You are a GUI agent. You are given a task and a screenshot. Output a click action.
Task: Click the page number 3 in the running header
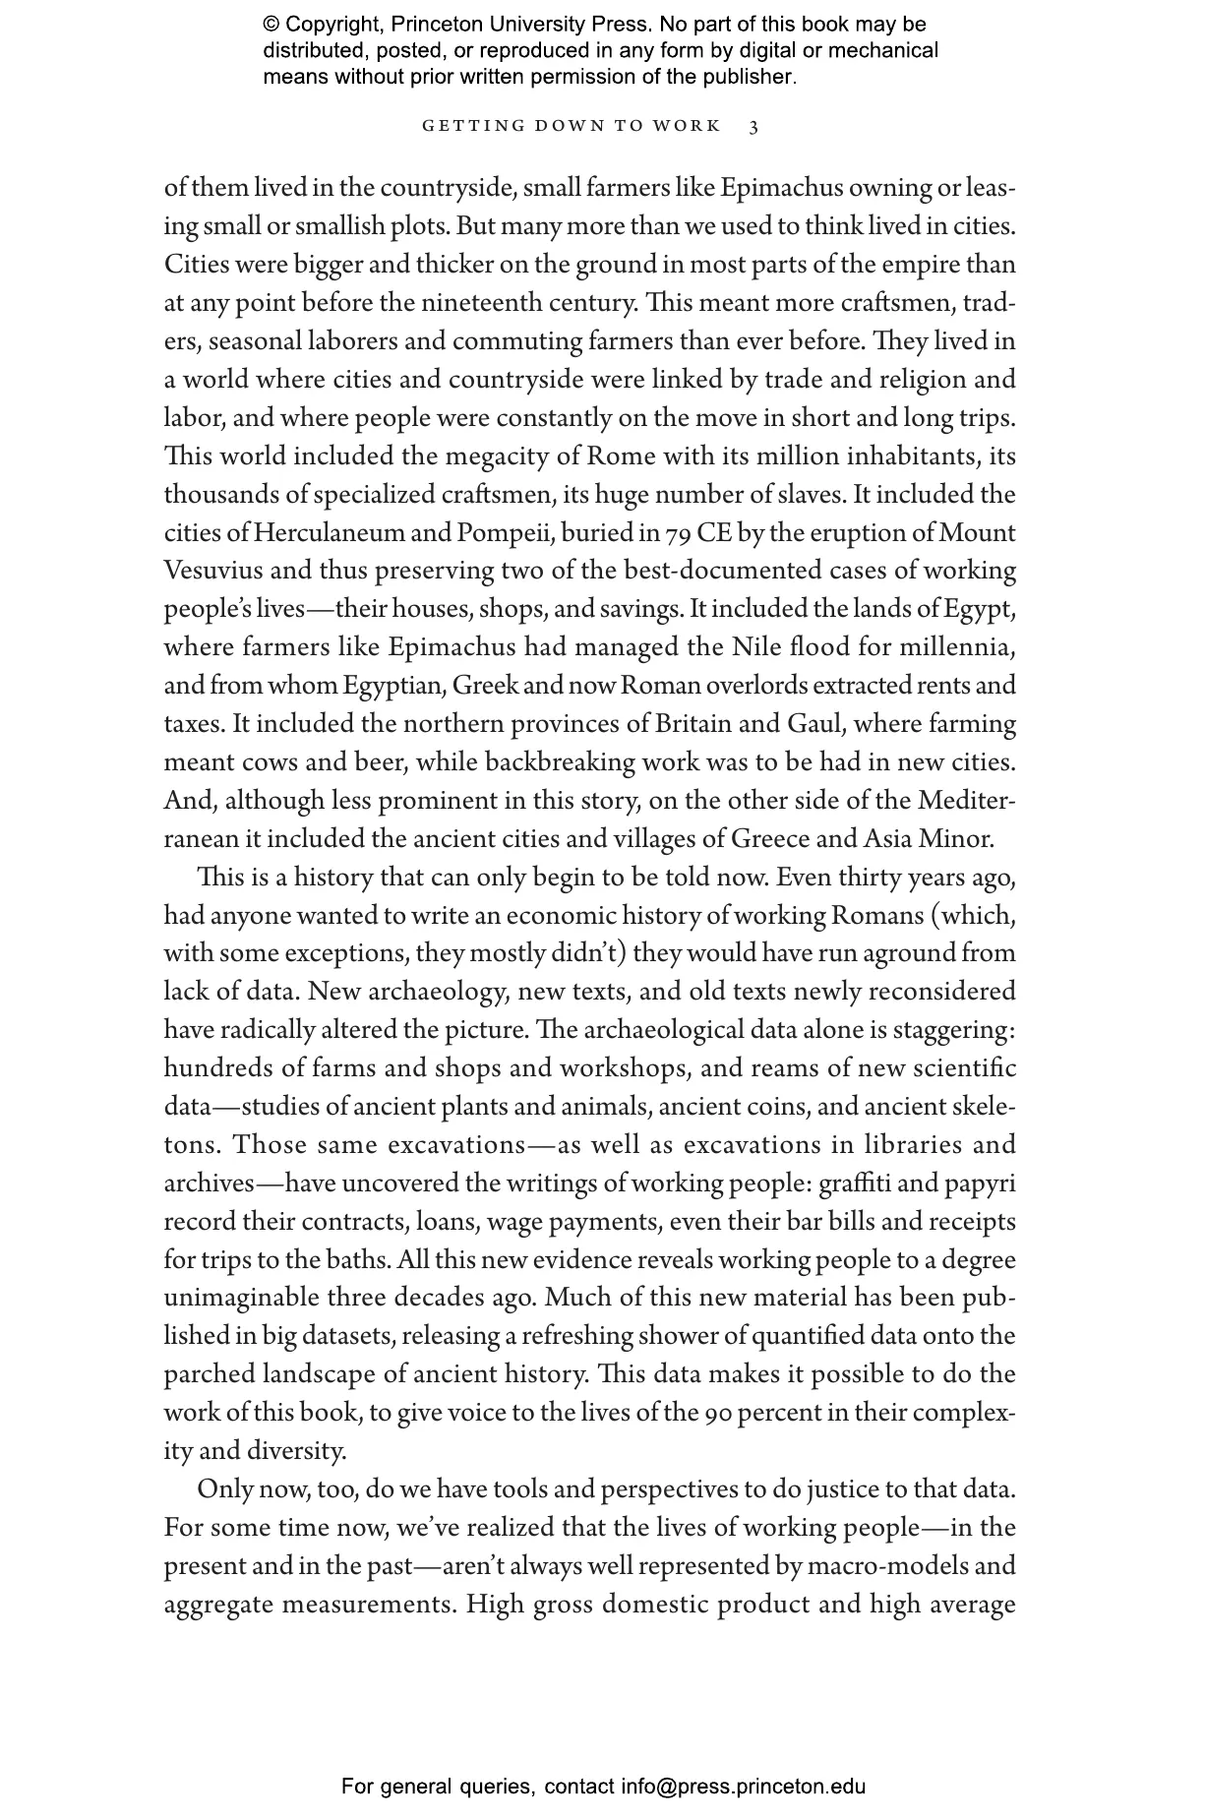coord(753,127)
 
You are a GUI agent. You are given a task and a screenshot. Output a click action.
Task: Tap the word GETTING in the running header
coord(459,127)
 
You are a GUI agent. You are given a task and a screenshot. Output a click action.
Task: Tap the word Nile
coord(755,648)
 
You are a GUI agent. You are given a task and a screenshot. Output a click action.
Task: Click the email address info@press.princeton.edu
coord(743,1787)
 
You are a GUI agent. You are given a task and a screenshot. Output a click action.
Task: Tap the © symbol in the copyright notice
coord(271,25)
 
